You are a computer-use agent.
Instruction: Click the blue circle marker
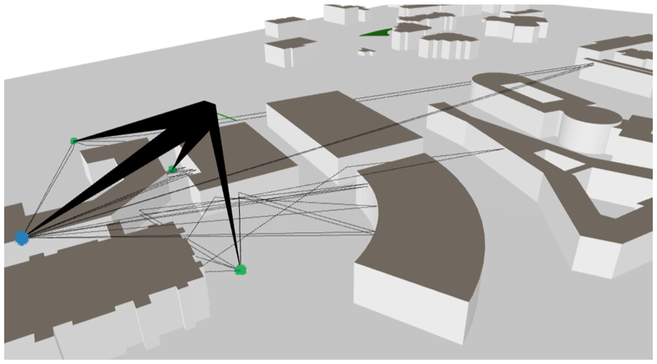(22, 238)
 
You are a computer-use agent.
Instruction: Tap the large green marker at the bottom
(240, 270)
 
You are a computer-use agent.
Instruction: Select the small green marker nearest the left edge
(74, 141)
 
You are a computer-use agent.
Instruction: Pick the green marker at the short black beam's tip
(172, 169)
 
